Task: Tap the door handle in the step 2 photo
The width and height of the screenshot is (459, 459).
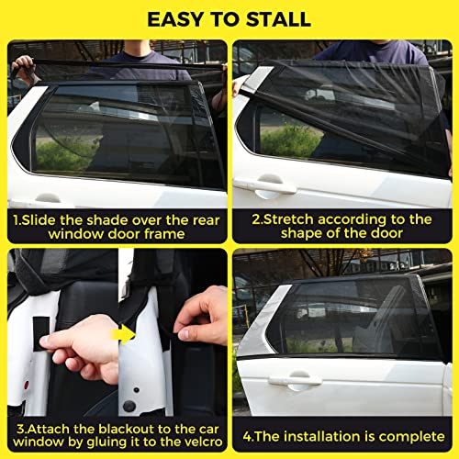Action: (x=263, y=185)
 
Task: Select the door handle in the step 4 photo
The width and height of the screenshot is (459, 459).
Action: (x=295, y=378)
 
